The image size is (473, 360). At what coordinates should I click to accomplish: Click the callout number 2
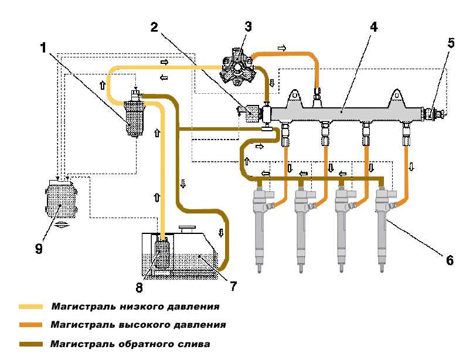click(x=154, y=27)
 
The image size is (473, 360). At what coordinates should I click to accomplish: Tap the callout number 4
click(x=373, y=27)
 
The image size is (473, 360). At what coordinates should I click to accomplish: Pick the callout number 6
click(x=450, y=259)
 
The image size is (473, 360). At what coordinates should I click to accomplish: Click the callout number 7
click(x=233, y=286)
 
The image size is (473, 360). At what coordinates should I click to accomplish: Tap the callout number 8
click(x=139, y=287)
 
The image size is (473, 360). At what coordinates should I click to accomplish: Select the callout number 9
click(x=39, y=249)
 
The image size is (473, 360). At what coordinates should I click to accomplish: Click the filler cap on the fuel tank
click(x=189, y=227)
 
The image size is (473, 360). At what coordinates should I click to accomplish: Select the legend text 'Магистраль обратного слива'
click(x=130, y=344)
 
